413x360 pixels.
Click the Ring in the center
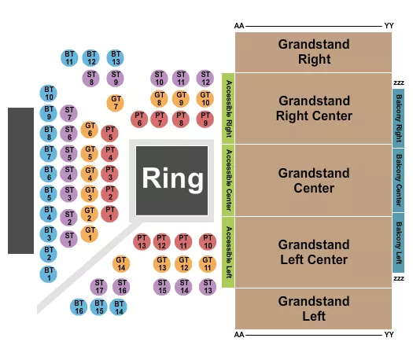[x=171, y=179]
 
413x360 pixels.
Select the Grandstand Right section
[x=313, y=52]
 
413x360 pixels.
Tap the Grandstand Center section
[x=313, y=181]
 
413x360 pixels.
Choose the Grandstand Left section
[x=313, y=308]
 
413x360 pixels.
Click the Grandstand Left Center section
[x=313, y=252]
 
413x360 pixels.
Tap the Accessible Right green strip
[x=229, y=108]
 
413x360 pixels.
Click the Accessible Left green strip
[x=229, y=252]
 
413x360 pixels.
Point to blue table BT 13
[x=116, y=57]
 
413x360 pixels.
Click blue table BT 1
[x=49, y=274]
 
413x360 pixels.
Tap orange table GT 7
[x=116, y=102]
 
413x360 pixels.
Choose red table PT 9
[x=205, y=119]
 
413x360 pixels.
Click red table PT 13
[x=142, y=242]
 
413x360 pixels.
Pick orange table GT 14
[x=121, y=263]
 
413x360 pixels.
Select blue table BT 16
[x=79, y=307]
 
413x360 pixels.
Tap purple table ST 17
[x=99, y=286]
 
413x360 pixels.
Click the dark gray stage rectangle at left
[x=21, y=180]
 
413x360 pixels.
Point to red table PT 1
[x=110, y=213]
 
